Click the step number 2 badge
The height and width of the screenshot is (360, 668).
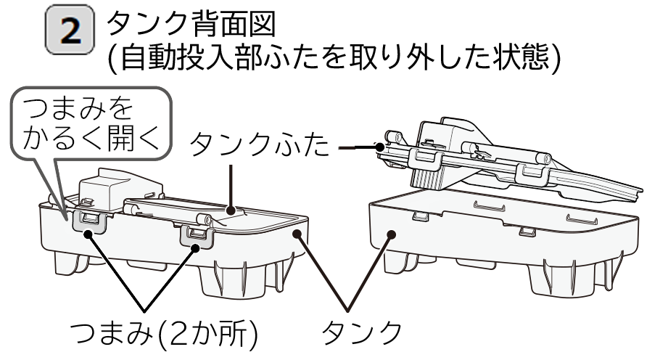click(x=70, y=30)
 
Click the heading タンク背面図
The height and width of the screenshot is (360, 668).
click(x=191, y=24)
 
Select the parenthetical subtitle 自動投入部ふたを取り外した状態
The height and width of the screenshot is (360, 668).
click(x=334, y=57)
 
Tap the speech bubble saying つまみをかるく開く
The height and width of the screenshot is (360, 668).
click(x=91, y=123)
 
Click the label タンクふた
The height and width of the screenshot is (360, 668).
click(x=260, y=145)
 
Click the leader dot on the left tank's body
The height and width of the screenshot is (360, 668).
click(x=299, y=233)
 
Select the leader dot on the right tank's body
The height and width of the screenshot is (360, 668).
click(x=392, y=234)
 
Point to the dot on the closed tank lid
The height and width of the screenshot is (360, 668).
click(x=231, y=210)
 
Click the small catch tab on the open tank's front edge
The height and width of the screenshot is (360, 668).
click(x=527, y=232)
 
